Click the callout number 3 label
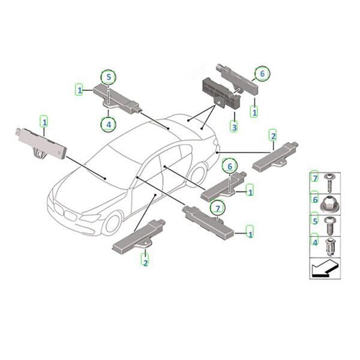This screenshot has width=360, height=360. point(234,127)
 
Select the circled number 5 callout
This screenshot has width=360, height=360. point(109,77)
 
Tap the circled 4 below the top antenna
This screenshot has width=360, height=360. point(109,124)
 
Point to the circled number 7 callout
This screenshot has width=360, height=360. point(218,208)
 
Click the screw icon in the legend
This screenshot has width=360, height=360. point(329,183)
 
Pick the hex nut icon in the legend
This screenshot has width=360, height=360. point(329,203)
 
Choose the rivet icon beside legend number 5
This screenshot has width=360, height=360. point(329,226)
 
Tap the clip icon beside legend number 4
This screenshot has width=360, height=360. point(330,247)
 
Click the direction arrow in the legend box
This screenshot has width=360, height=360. point(325,269)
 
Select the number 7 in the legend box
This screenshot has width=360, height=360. point(315,178)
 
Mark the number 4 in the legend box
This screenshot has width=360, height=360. point(315,242)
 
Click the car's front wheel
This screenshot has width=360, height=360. point(112,223)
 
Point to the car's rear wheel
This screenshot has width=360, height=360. point(197,174)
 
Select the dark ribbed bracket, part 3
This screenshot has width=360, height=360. point(220,93)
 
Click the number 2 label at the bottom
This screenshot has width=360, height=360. point(146,263)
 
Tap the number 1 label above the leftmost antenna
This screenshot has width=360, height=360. point(44,122)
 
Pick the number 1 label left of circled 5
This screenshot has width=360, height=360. point(79,90)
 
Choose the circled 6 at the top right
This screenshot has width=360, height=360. point(262,73)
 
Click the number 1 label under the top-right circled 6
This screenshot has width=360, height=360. point(254,113)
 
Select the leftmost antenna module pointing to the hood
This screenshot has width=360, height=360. point(41,143)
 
